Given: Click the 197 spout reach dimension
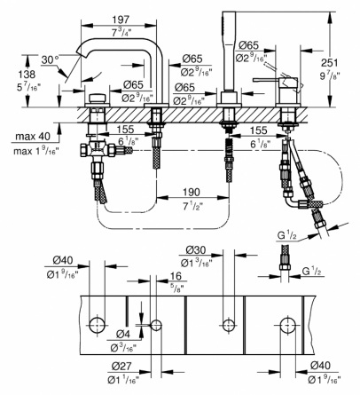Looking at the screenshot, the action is [x=121, y=20].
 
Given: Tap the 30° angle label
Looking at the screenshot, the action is [x=50, y=59].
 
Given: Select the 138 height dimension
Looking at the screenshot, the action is [x=27, y=74].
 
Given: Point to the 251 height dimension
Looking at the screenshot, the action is [x=329, y=63].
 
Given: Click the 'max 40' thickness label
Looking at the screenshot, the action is [x=33, y=137].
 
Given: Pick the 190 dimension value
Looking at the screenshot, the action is [x=192, y=192].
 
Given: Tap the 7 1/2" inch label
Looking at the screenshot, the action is [x=191, y=207].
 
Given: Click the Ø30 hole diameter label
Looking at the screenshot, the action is [x=196, y=250].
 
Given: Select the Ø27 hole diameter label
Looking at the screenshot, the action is [x=121, y=367].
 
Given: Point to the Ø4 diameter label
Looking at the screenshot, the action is [x=123, y=334].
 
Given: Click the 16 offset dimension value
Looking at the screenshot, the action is [x=176, y=276].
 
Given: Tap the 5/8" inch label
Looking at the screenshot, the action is [x=176, y=287].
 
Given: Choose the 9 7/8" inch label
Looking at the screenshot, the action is [x=329, y=76].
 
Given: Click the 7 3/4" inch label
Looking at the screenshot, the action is [x=121, y=33].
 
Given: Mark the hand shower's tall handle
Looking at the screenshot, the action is [x=229, y=51].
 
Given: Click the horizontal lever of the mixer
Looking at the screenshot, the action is [x=266, y=80].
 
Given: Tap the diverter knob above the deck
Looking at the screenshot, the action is [x=97, y=98].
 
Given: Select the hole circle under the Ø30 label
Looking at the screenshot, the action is [x=229, y=324].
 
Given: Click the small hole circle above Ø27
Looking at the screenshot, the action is [x=156, y=325].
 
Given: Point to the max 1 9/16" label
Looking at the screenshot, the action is [x=36, y=151].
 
